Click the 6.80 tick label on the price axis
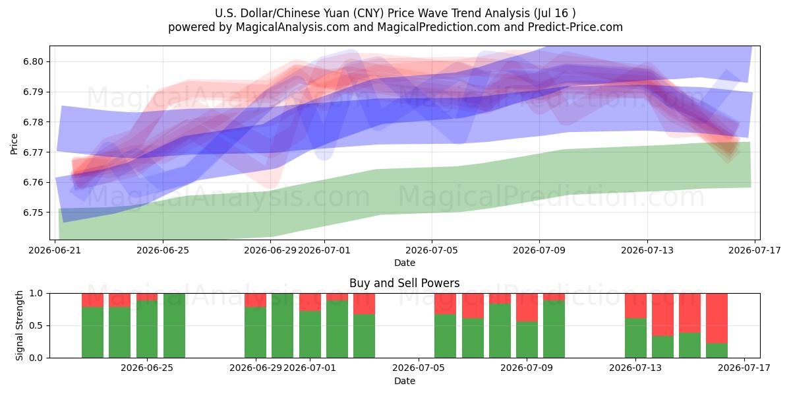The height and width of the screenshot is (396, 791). click(x=33, y=62)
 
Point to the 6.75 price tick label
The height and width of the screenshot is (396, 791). click(x=33, y=213)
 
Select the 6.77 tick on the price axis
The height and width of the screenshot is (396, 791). click(x=33, y=152)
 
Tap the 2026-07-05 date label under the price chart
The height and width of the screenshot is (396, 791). click(x=432, y=250)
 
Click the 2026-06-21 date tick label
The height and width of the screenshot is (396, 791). click(x=55, y=250)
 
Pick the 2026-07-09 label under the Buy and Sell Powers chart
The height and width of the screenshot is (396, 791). click(x=527, y=368)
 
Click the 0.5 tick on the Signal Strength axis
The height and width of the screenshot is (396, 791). click(x=36, y=325)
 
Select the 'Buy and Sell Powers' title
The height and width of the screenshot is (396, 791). click(x=404, y=283)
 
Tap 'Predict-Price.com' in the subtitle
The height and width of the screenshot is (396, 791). click(x=575, y=27)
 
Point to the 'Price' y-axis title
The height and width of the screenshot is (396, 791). click(x=14, y=144)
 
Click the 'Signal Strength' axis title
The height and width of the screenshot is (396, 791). click(x=19, y=325)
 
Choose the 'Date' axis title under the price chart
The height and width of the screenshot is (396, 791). click(x=405, y=263)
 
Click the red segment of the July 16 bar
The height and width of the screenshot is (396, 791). click(x=717, y=318)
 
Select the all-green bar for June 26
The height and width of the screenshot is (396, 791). click(x=174, y=325)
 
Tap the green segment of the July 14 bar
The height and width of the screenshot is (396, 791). click(x=662, y=347)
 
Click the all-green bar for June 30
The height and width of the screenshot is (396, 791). click(x=282, y=325)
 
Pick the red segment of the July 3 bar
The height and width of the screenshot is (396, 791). click(x=364, y=304)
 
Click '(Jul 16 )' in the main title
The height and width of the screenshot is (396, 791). click(x=555, y=13)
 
